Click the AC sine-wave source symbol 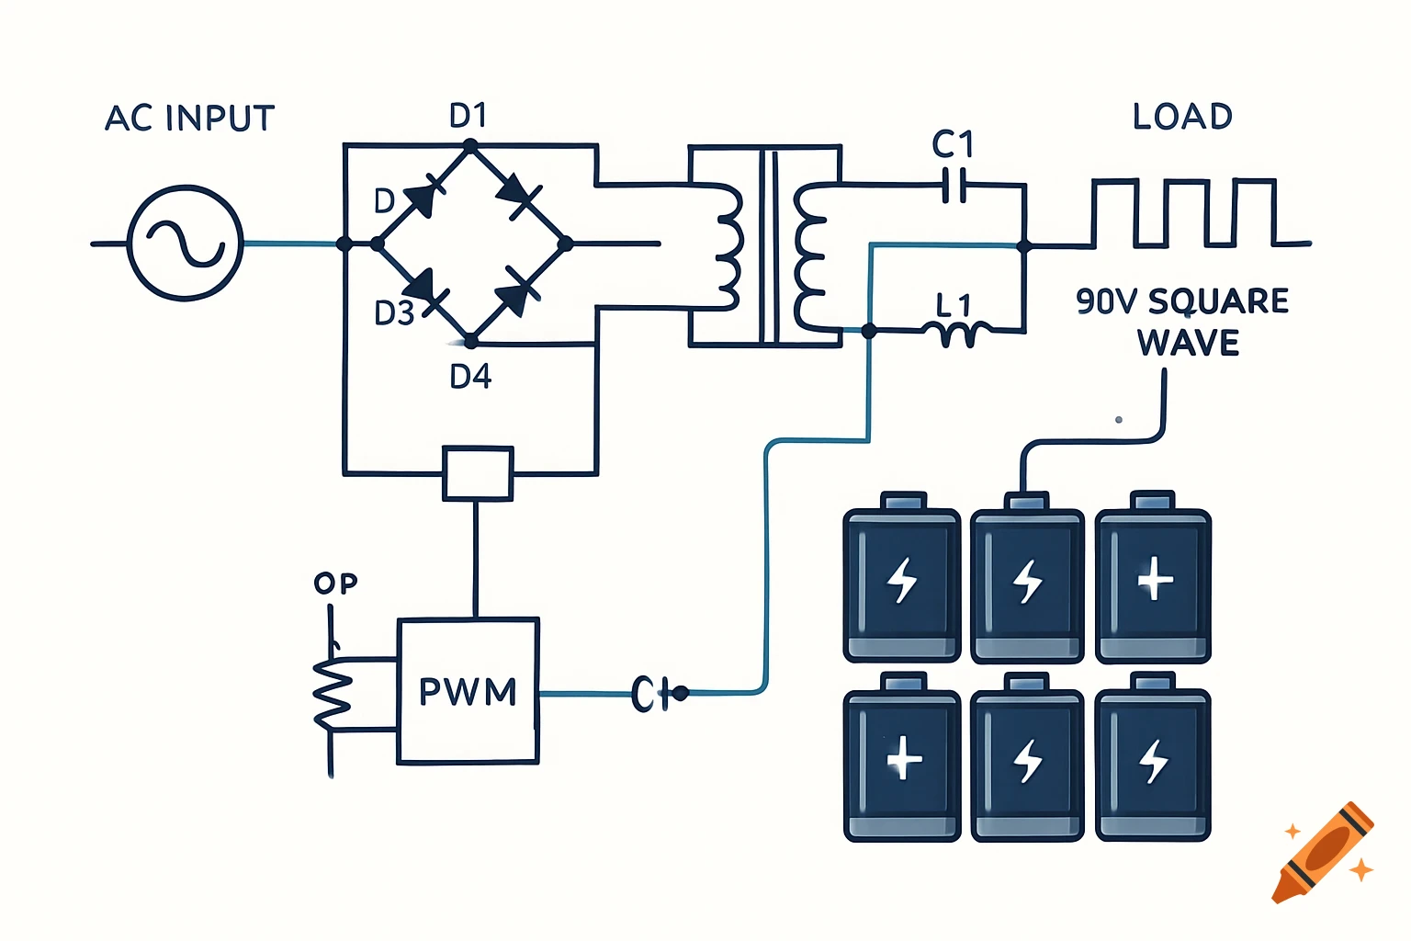point(186,243)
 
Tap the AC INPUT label point(190,119)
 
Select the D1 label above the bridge point(468,116)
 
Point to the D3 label point(394,313)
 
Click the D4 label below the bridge point(470,377)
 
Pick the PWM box point(468,691)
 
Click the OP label point(335,584)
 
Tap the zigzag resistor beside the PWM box point(333,694)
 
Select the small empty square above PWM point(477,473)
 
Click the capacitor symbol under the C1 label point(955,186)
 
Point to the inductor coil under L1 point(963,334)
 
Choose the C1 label point(953,144)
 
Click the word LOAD point(1182,117)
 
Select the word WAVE point(1188,343)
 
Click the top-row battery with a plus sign point(1154,579)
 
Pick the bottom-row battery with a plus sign point(903,759)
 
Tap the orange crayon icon point(1324,854)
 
